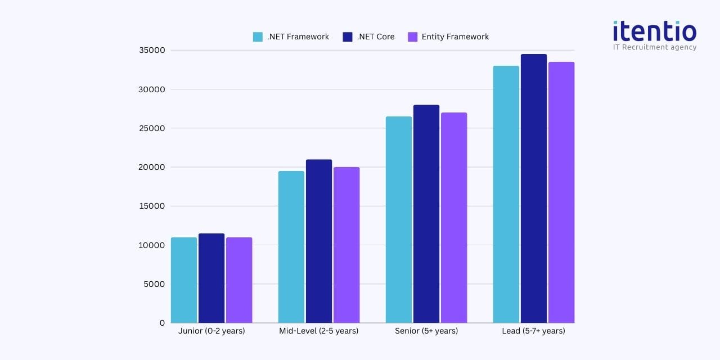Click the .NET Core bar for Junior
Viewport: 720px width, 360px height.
click(x=211, y=278)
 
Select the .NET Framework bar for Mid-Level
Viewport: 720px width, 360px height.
click(x=291, y=247)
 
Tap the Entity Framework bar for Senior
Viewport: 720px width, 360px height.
click(x=454, y=218)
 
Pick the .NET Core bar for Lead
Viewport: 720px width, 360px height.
click(x=534, y=188)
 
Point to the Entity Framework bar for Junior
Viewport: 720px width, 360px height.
click(x=239, y=280)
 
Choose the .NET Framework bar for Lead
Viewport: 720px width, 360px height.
click(x=506, y=194)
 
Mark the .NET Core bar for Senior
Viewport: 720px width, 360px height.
click(x=426, y=214)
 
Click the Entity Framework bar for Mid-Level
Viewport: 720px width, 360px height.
click(x=346, y=245)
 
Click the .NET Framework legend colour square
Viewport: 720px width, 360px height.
click(x=258, y=37)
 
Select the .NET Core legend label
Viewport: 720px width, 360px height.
click(x=375, y=37)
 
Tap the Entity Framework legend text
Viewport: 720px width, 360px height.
click(x=455, y=37)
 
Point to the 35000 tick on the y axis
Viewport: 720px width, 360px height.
click(x=152, y=51)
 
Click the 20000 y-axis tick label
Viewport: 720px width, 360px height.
click(x=152, y=167)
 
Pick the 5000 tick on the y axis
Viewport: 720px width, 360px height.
click(x=154, y=284)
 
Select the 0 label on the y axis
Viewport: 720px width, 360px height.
click(x=162, y=323)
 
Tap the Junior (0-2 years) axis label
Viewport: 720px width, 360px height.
click(x=211, y=331)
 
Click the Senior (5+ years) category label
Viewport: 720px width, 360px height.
click(x=426, y=331)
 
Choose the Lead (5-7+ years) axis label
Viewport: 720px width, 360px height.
click(x=533, y=331)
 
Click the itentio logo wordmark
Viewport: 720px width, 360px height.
click(x=654, y=31)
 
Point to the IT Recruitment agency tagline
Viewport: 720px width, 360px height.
click(x=654, y=47)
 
